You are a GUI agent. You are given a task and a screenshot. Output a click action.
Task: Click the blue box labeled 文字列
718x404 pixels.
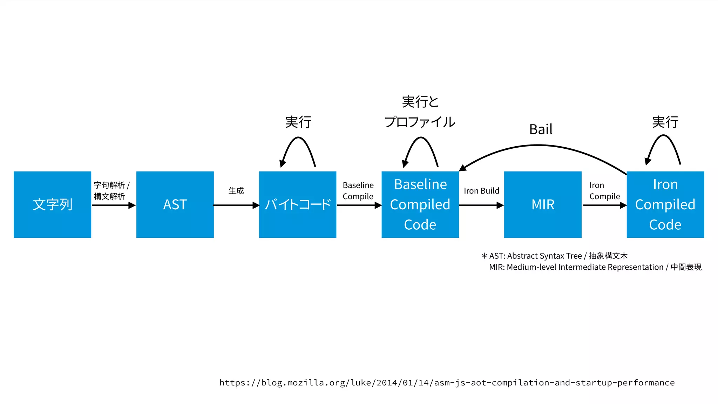[x=53, y=204]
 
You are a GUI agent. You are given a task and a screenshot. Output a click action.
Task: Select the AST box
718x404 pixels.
[x=175, y=204]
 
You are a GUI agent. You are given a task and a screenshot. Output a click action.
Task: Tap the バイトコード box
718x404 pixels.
[x=298, y=204]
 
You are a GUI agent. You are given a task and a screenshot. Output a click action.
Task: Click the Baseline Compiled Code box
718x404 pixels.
[x=420, y=204]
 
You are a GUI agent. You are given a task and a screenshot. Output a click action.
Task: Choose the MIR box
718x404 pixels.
[x=543, y=204]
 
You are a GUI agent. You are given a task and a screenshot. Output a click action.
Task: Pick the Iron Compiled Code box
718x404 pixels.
[x=665, y=204]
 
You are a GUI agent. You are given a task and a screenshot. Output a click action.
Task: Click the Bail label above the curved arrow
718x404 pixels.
[x=541, y=129]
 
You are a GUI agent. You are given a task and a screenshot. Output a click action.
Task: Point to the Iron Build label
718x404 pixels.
[x=481, y=191]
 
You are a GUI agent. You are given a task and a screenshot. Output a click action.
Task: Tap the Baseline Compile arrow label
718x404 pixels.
[x=358, y=191]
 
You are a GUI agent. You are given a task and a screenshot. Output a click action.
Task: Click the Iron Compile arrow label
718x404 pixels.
[x=604, y=191]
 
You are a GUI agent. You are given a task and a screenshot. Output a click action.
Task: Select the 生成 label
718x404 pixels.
[x=236, y=191]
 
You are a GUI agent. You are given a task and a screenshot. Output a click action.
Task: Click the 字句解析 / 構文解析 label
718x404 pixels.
[x=111, y=191]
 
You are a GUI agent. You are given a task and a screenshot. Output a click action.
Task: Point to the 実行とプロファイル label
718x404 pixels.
[x=420, y=112]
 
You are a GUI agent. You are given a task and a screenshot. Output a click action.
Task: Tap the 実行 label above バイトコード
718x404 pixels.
[x=298, y=122]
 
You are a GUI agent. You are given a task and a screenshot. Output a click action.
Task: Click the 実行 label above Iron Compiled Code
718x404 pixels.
[x=665, y=122]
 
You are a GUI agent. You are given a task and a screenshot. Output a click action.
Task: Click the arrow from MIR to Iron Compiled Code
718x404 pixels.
[x=604, y=205]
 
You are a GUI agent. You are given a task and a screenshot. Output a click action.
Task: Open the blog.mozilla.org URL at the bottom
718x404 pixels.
[x=447, y=383]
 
